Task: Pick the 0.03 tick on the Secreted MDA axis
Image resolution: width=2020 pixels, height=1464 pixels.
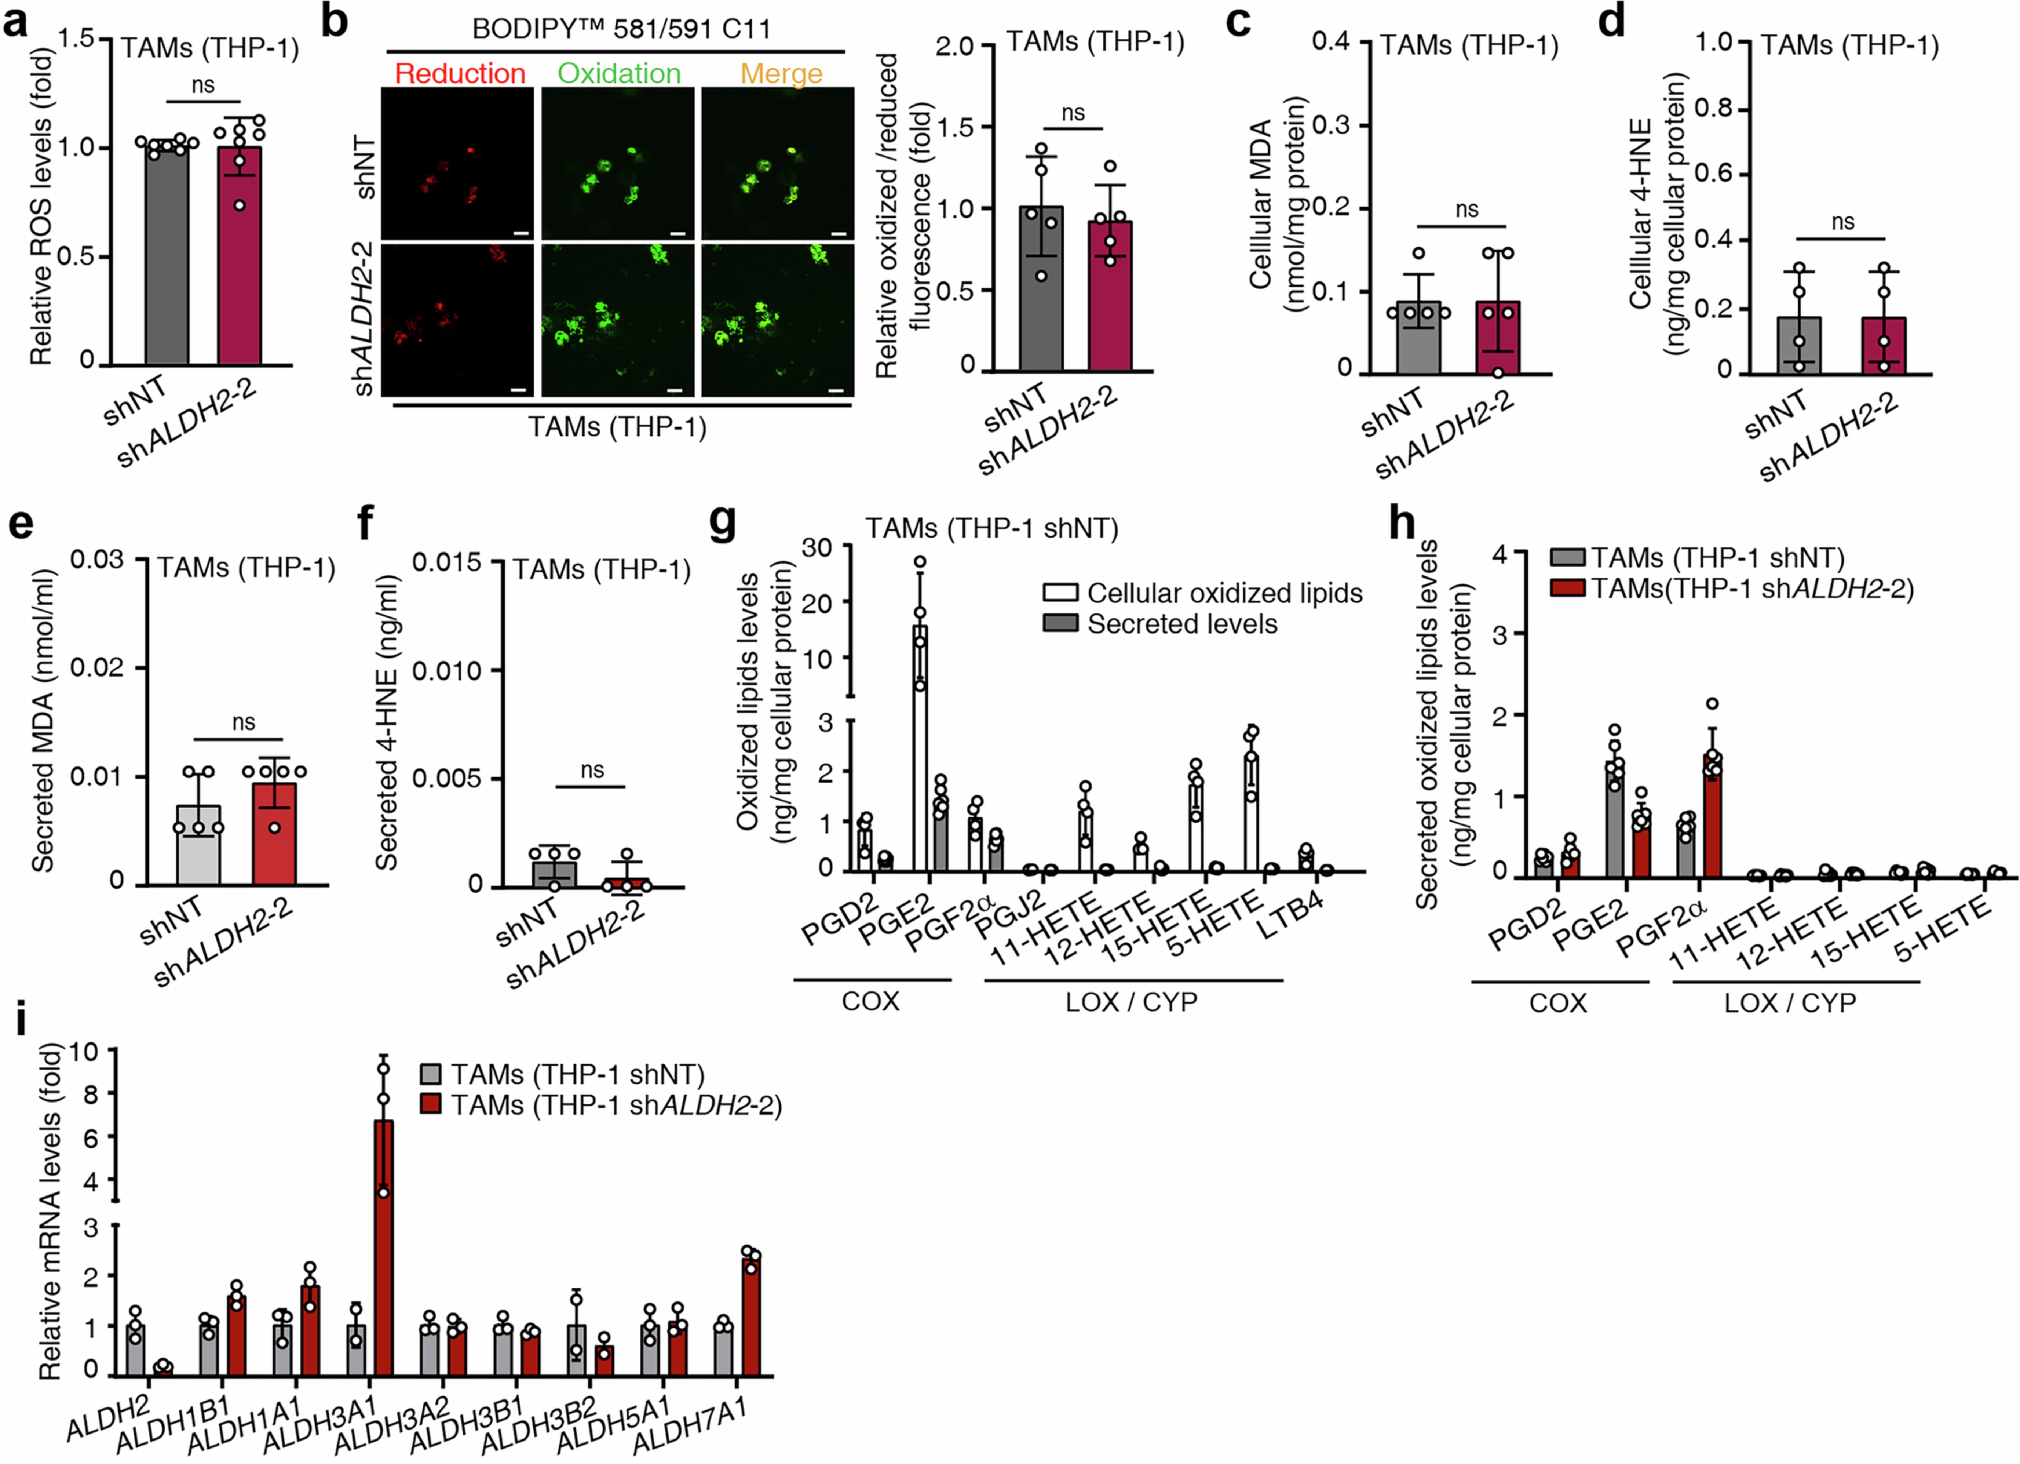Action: [96, 560]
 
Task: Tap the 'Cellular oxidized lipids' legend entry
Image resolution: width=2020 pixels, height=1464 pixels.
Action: [1224, 593]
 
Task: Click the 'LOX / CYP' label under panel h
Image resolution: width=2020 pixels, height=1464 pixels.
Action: [1789, 1003]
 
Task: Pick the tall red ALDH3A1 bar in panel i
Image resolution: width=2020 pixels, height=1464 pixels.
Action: [383, 1248]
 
